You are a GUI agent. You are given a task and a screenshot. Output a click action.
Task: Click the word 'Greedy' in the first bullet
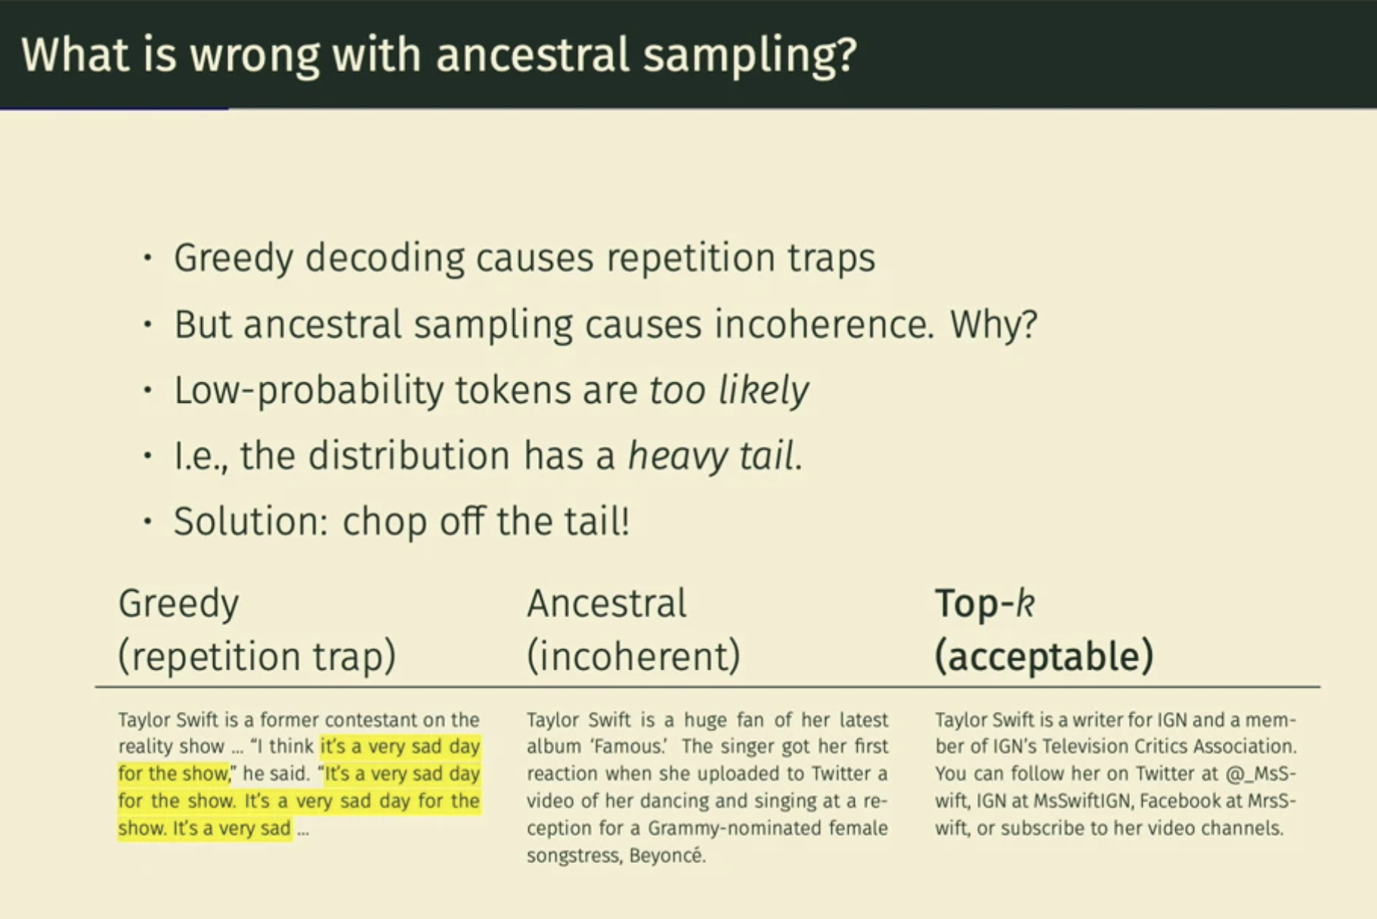[234, 258]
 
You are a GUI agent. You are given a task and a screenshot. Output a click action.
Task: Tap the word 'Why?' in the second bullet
[994, 325]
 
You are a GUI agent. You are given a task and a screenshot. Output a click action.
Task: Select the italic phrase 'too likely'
[729, 391]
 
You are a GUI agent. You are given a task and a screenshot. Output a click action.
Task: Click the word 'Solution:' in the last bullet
[252, 521]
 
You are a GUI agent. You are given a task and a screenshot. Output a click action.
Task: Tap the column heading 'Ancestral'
[607, 603]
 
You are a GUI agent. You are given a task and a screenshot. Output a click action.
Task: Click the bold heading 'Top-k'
[985, 603]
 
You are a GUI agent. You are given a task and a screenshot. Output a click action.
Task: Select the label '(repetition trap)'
[257, 655]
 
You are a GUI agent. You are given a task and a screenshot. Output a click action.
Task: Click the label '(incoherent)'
[633, 655]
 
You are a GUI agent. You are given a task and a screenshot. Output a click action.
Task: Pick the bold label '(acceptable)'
[1044, 655]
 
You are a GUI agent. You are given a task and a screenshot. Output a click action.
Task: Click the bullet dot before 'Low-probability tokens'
[147, 391]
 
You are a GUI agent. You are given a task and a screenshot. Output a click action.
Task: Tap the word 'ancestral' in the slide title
[533, 54]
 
